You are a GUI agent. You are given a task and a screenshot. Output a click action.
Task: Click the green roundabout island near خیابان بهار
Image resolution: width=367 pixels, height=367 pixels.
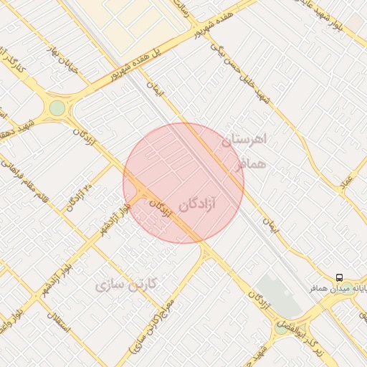pyautogui.click(x=57, y=108)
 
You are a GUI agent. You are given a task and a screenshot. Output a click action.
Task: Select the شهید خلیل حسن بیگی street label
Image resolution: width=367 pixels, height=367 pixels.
pyautogui.click(x=240, y=64)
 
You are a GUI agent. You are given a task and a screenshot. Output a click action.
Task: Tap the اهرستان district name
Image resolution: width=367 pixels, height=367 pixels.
pyautogui.click(x=244, y=140)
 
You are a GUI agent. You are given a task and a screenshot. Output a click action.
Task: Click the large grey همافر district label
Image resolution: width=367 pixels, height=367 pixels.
pyautogui.click(x=249, y=164)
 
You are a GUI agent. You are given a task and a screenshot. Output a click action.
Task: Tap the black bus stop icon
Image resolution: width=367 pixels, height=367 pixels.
pyautogui.click(x=339, y=277)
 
